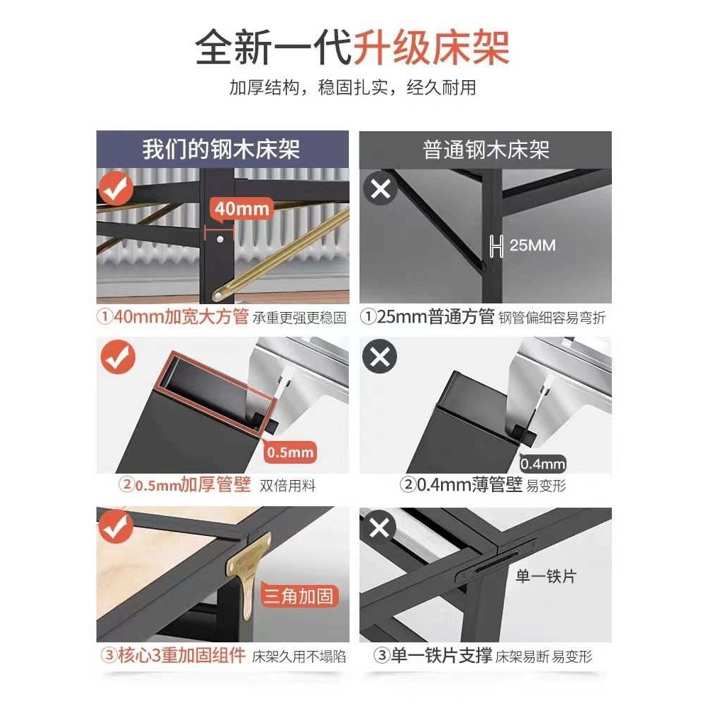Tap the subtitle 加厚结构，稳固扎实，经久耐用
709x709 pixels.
point(352,88)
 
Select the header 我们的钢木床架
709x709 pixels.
point(221,150)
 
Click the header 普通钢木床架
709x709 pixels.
point(486,150)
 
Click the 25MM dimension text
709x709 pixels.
point(532,246)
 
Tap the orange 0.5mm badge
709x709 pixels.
point(289,452)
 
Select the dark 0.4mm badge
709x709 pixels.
point(543,464)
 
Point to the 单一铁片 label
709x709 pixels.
point(546,576)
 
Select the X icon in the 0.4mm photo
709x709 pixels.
point(379,357)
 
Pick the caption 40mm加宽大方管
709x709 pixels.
point(174,317)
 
